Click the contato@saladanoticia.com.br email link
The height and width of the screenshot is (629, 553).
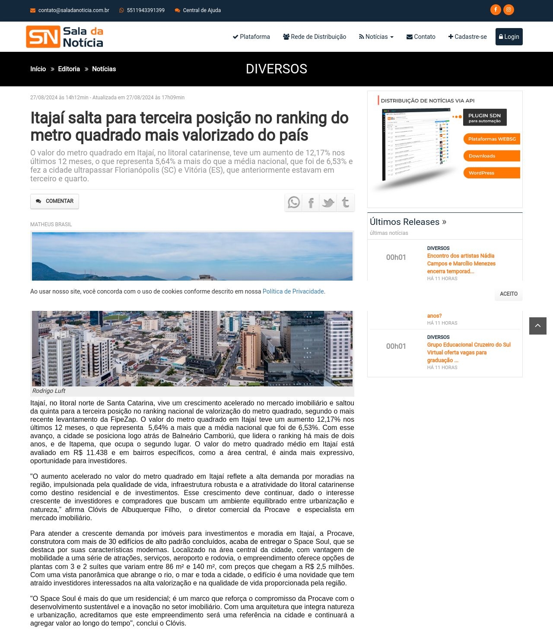point(73,10)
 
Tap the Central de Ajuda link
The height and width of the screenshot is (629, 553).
point(201,10)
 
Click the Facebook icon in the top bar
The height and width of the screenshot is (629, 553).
point(496,9)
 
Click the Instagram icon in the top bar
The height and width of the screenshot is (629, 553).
point(509,9)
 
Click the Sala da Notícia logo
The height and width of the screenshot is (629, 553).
point(65,37)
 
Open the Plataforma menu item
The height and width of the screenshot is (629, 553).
point(251,37)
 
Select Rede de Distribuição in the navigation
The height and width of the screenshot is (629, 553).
point(315,37)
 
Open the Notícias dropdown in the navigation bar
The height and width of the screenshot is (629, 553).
point(376,37)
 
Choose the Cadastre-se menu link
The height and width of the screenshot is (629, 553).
point(467,37)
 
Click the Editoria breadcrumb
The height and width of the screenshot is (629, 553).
point(69,69)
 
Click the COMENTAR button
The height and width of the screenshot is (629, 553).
point(54,201)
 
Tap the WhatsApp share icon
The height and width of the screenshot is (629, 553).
point(294,202)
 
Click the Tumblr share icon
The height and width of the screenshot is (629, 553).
point(346,202)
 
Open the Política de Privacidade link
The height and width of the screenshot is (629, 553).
point(293,291)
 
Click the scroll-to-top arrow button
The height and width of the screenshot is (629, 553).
point(538,326)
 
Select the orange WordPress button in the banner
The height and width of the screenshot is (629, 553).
point(492,173)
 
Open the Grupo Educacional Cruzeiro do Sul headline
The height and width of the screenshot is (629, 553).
point(469,352)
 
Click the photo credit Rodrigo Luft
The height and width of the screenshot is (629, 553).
point(49,391)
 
